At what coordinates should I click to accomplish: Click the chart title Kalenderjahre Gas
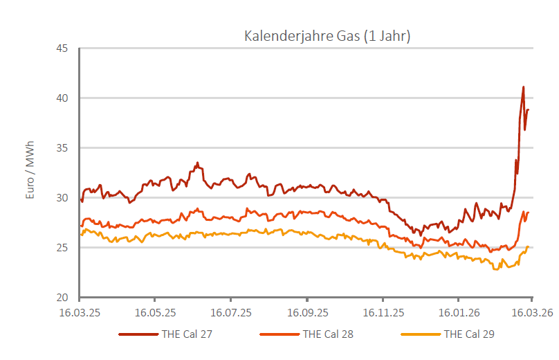point(327,36)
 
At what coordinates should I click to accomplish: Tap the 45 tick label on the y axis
point(62,48)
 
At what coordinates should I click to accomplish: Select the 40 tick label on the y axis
point(62,98)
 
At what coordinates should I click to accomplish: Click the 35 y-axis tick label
point(62,148)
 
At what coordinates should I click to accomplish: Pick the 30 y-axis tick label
point(62,198)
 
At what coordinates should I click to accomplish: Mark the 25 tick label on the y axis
point(62,248)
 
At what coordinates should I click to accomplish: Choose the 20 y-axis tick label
point(62,298)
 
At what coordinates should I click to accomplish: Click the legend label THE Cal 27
point(187,334)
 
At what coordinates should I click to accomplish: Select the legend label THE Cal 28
point(328,334)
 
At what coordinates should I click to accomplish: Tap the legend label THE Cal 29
point(469,334)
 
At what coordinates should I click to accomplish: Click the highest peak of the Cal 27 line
point(524,87)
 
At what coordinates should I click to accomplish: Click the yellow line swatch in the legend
point(420,334)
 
